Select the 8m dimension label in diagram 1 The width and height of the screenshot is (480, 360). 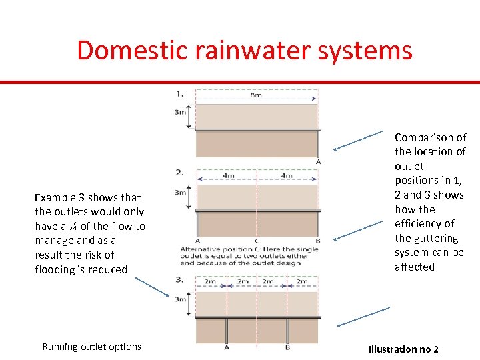256,95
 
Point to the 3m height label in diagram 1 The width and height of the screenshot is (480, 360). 180,112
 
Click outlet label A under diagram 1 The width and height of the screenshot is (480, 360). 318,162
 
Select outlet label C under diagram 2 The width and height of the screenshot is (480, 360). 257,241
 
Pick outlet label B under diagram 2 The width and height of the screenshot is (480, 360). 317,241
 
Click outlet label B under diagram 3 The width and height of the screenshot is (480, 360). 287,347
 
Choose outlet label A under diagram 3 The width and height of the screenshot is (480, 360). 227,347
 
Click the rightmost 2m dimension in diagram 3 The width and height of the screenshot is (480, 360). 302,282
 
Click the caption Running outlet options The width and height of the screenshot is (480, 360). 91,347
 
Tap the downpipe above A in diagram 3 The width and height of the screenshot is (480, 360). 227,329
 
